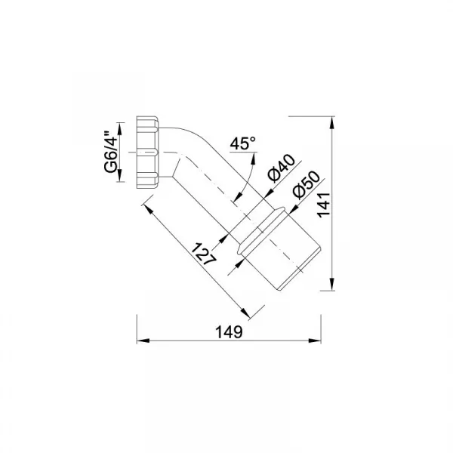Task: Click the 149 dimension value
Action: coord(229,332)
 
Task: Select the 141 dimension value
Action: coord(324,205)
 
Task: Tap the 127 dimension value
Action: coord(204,255)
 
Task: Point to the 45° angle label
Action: coord(242,143)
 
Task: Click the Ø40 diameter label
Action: coord(281,168)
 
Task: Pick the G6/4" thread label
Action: coord(112,152)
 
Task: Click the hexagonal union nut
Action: coord(147,153)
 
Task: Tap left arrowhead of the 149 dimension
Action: coord(143,341)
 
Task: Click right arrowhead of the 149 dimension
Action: coord(315,341)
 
